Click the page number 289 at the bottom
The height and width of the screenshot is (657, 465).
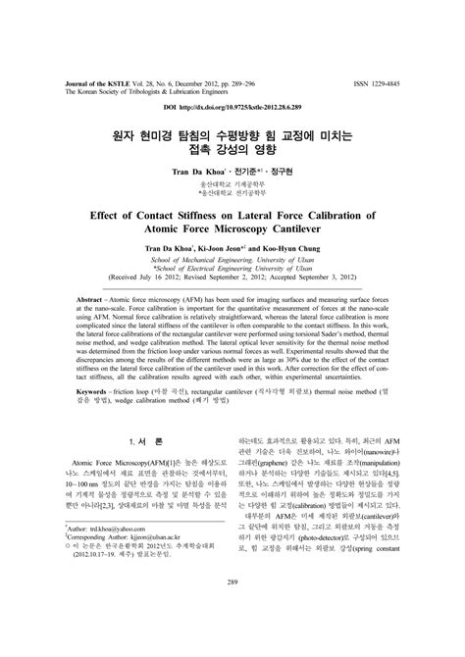(x=232, y=611)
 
